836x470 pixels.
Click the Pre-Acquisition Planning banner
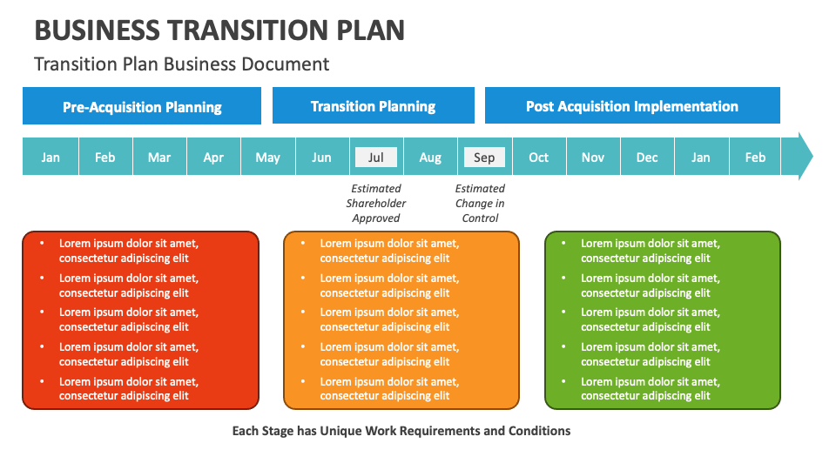tap(142, 107)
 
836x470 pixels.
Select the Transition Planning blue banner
tap(373, 106)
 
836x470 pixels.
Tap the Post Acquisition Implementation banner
tap(631, 106)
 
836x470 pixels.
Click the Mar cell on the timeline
tap(159, 158)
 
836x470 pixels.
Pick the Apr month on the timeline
tap(213, 158)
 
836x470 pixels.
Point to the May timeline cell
tap(268, 158)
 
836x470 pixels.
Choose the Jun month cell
tap(321, 158)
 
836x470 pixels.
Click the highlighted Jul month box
tap(376, 158)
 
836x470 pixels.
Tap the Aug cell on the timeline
tap(430, 158)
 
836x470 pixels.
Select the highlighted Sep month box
tap(484, 158)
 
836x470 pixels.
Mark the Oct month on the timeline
tap(539, 158)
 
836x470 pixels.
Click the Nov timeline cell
tap(593, 158)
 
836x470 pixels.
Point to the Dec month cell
tap(647, 158)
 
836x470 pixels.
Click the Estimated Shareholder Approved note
tap(376, 203)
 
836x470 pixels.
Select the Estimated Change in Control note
tap(480, 203)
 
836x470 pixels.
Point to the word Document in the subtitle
tap(290, 64)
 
